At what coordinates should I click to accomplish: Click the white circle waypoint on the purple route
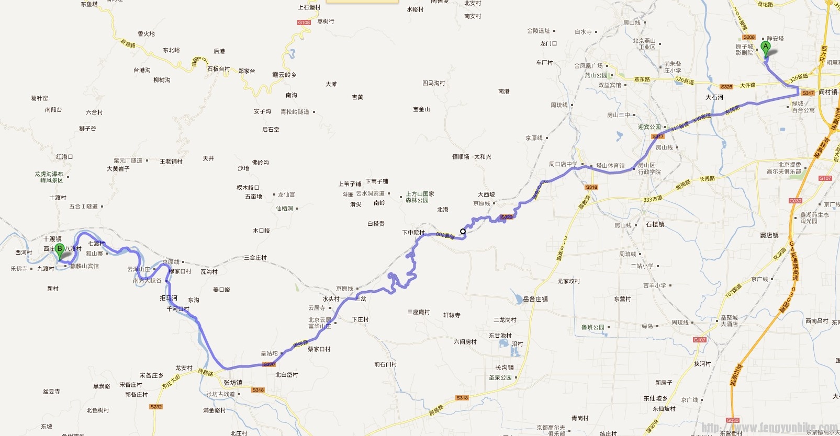point(463,231)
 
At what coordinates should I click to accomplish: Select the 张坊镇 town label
point(233,383)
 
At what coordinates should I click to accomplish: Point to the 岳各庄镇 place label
point(535,299)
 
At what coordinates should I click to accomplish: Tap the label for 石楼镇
point(655,224)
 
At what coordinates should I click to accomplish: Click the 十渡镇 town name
point(52,239)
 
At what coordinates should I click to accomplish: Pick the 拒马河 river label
point(169,298)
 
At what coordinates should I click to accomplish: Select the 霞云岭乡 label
point(284,75)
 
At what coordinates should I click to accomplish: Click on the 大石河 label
point(714,97)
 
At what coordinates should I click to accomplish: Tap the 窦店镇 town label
point(769,235)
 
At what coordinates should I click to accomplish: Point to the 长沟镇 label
point(505,368)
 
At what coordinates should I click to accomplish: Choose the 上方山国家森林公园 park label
point(420,197)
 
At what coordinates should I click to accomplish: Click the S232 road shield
point(156,407)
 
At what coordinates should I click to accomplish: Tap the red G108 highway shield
point(304,22)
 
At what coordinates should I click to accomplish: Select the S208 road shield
point(749,37)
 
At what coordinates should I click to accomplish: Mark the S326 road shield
point(726,87)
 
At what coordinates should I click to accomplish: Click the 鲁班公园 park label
point(593,327)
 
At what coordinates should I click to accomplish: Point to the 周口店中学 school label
point(563,164)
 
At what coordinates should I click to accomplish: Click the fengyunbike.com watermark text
point(769,428)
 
